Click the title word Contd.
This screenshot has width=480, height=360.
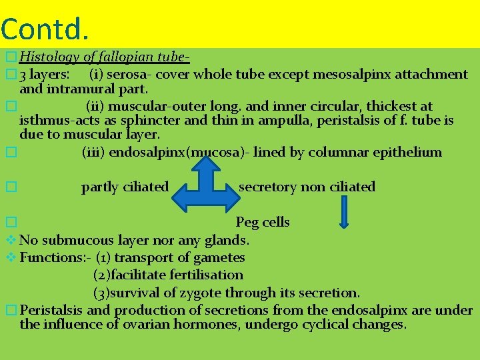45,28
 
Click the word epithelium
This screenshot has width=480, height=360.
409,152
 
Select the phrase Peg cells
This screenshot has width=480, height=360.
263,222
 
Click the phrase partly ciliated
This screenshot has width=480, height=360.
125,187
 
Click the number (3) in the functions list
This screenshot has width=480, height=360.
101,293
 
